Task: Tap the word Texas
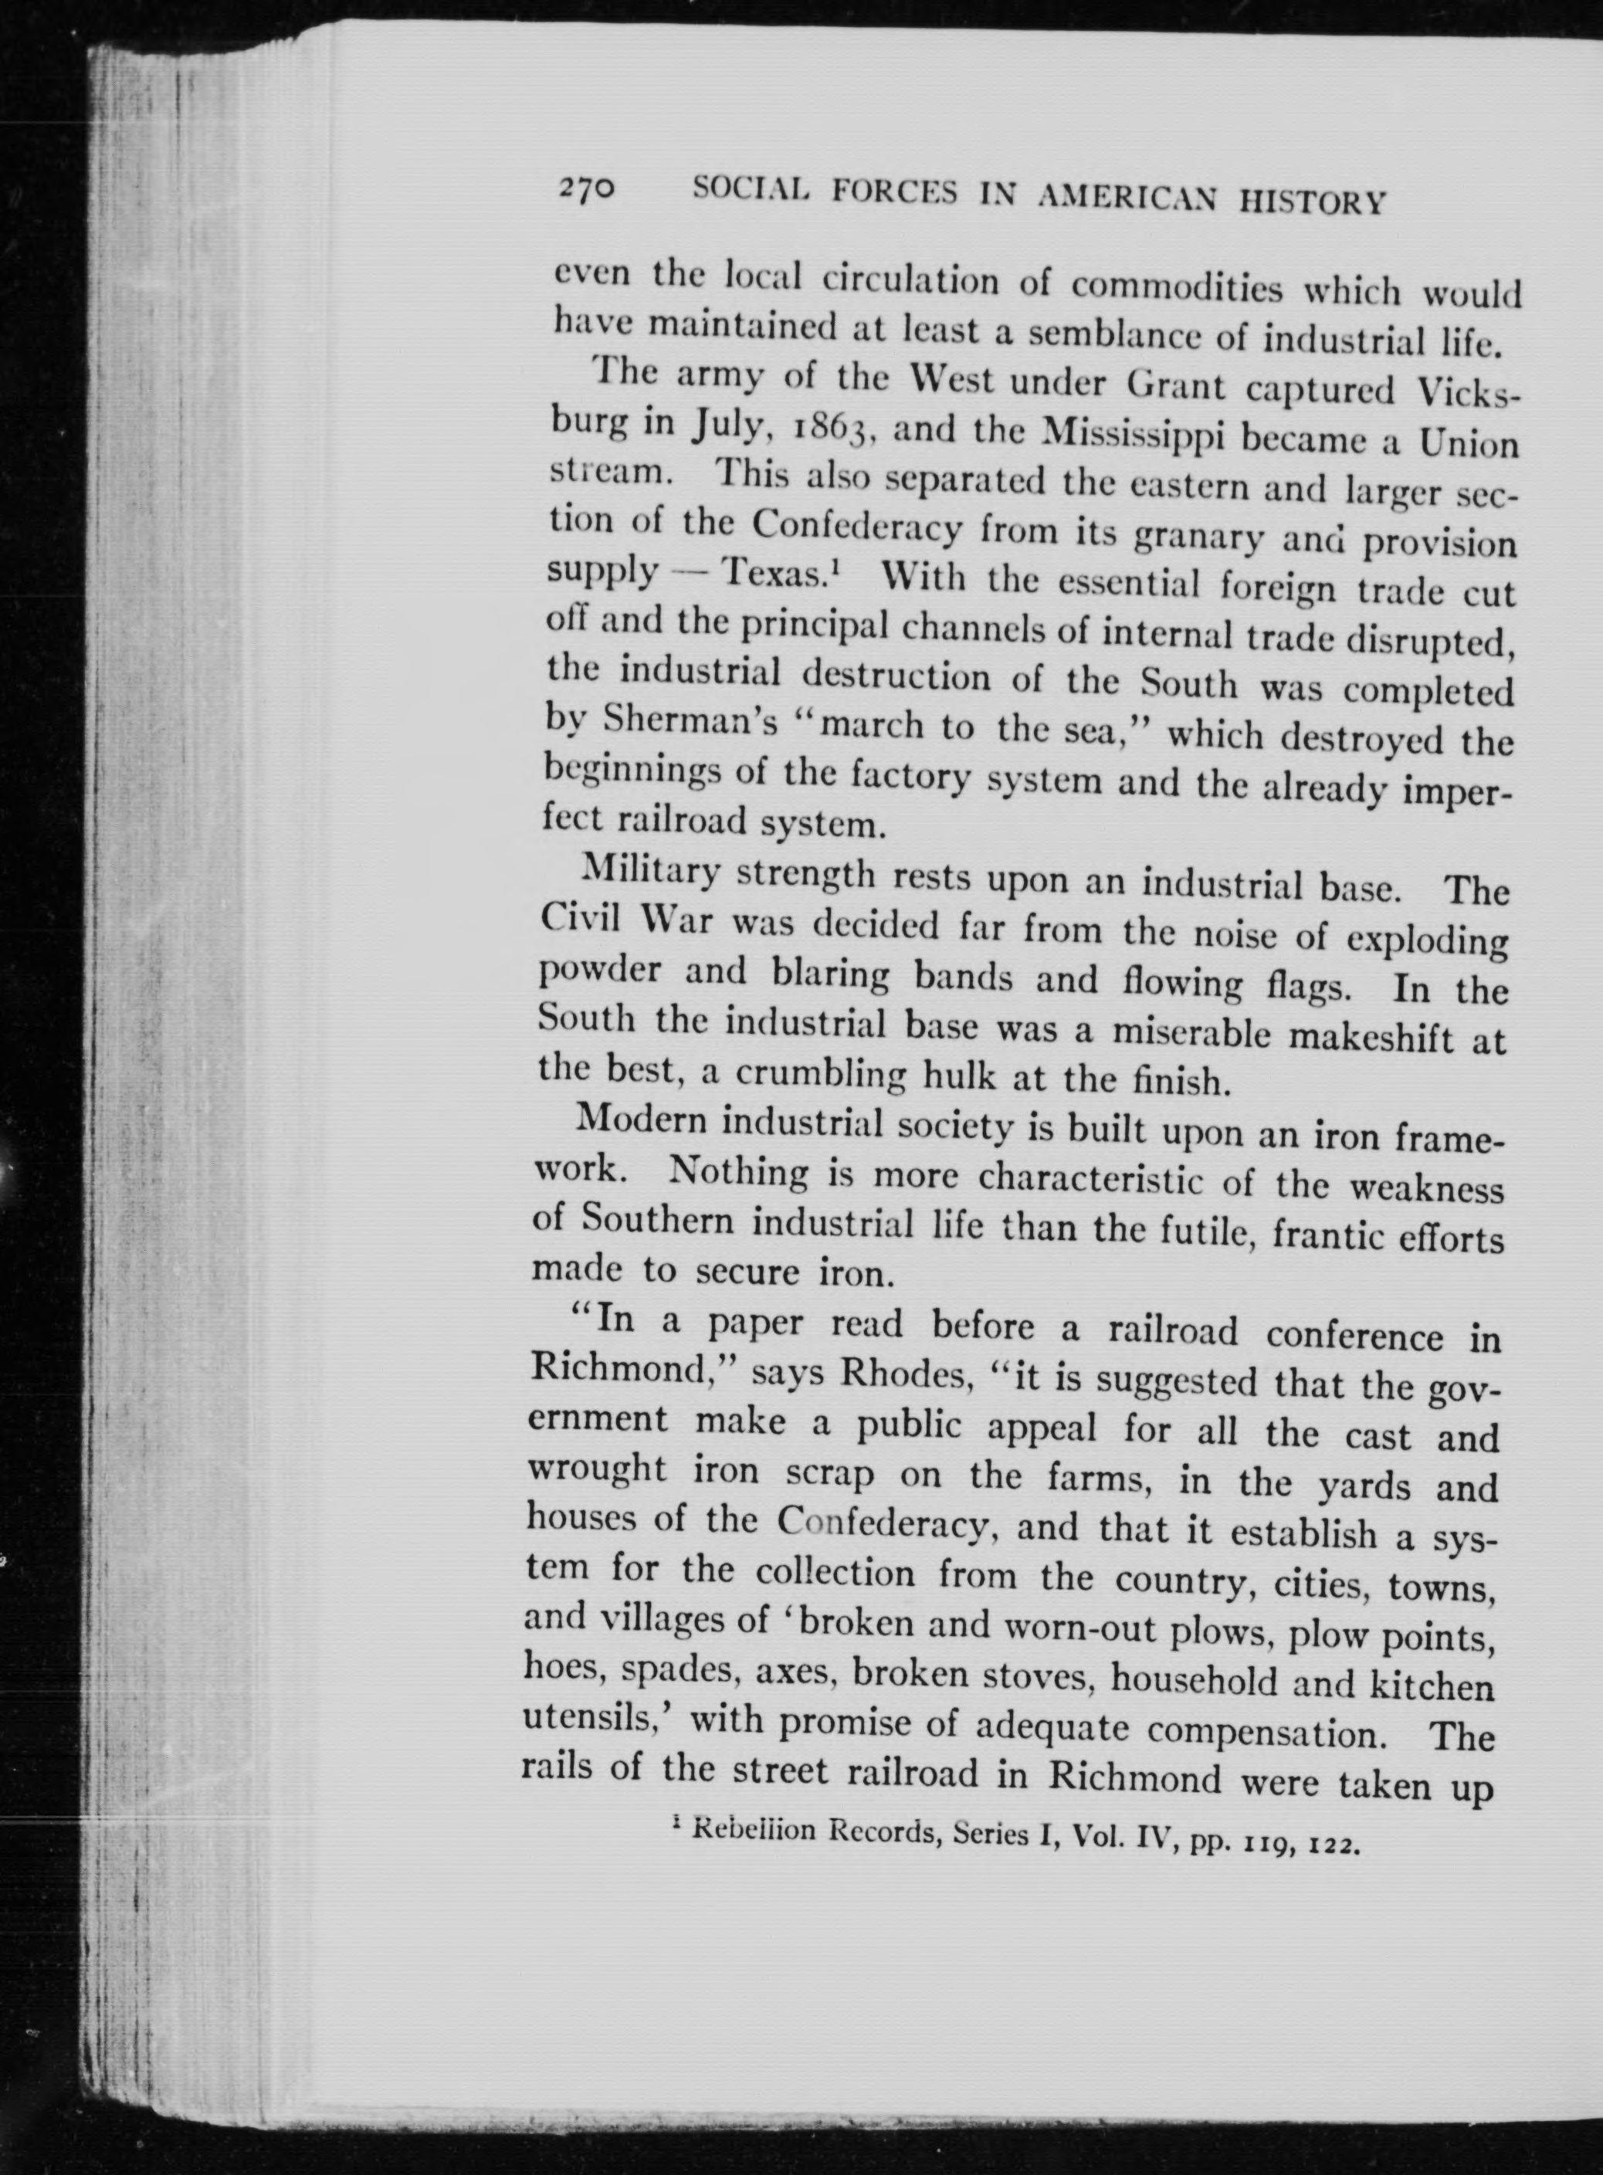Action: (x=778, y=574)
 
